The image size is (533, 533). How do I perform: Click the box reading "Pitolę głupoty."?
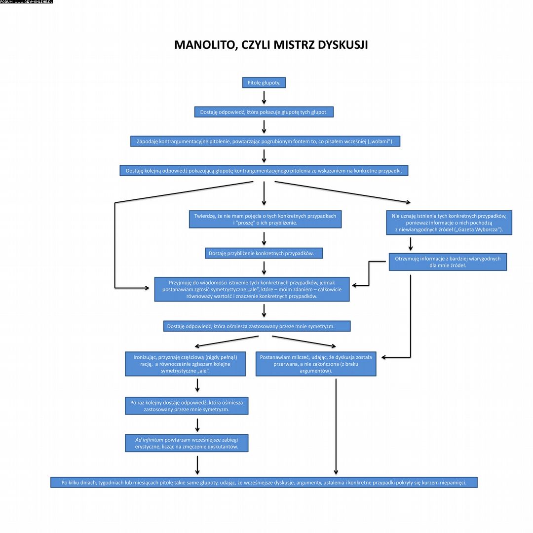[264, 83]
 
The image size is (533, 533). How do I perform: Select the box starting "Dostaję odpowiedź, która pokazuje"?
[264, 112]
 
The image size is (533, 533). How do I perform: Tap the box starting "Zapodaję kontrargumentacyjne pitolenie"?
[265, 142]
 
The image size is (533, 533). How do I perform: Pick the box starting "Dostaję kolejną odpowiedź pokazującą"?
[264, 171]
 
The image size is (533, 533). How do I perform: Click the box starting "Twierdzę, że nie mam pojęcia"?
[265, 219]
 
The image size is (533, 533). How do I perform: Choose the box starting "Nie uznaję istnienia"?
[449, 223]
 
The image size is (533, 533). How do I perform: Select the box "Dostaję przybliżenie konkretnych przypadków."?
[264, 253]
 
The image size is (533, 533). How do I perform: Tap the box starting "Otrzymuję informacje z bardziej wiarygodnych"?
[448, 262]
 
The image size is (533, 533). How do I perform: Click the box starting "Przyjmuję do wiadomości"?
[252, 289]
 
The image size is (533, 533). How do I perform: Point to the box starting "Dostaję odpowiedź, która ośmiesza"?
[257, 326]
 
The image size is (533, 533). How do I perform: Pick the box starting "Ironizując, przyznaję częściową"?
[185, 364]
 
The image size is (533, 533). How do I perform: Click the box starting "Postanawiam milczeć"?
[316, 364]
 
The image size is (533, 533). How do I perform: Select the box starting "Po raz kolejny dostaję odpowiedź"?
[187, 406]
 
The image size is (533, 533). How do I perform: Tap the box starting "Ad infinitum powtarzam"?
[187, 443]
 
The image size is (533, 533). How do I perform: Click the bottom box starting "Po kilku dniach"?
[264, 482]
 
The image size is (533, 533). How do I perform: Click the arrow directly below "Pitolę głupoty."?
[264, 97]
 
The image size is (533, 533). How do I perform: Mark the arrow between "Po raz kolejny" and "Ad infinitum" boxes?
[197, 424]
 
